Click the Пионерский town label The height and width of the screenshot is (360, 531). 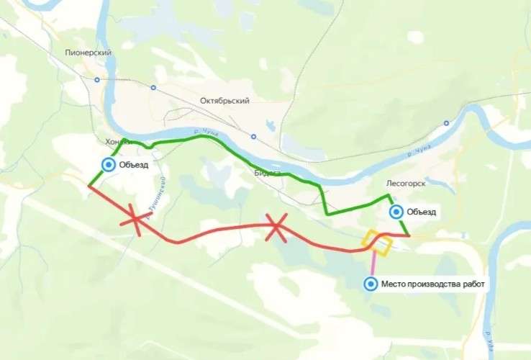click(87, 53)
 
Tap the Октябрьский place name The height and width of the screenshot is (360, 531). click(224, 101)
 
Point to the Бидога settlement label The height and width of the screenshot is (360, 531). click(268, 174)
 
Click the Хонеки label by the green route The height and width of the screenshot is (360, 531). click(119, 142)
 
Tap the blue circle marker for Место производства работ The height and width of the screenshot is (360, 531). click(371, 284)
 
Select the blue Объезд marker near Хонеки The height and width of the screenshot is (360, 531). click(108, 165)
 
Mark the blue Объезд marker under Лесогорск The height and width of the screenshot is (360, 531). click(396, 212)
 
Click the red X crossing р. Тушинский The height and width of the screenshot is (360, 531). click(135, 218)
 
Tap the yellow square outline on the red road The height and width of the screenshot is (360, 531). click(378, 243)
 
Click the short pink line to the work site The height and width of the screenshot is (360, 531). click(372, 263)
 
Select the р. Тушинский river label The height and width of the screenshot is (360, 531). click(160, 194)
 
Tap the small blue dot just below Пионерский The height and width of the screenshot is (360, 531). click(96, 79)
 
